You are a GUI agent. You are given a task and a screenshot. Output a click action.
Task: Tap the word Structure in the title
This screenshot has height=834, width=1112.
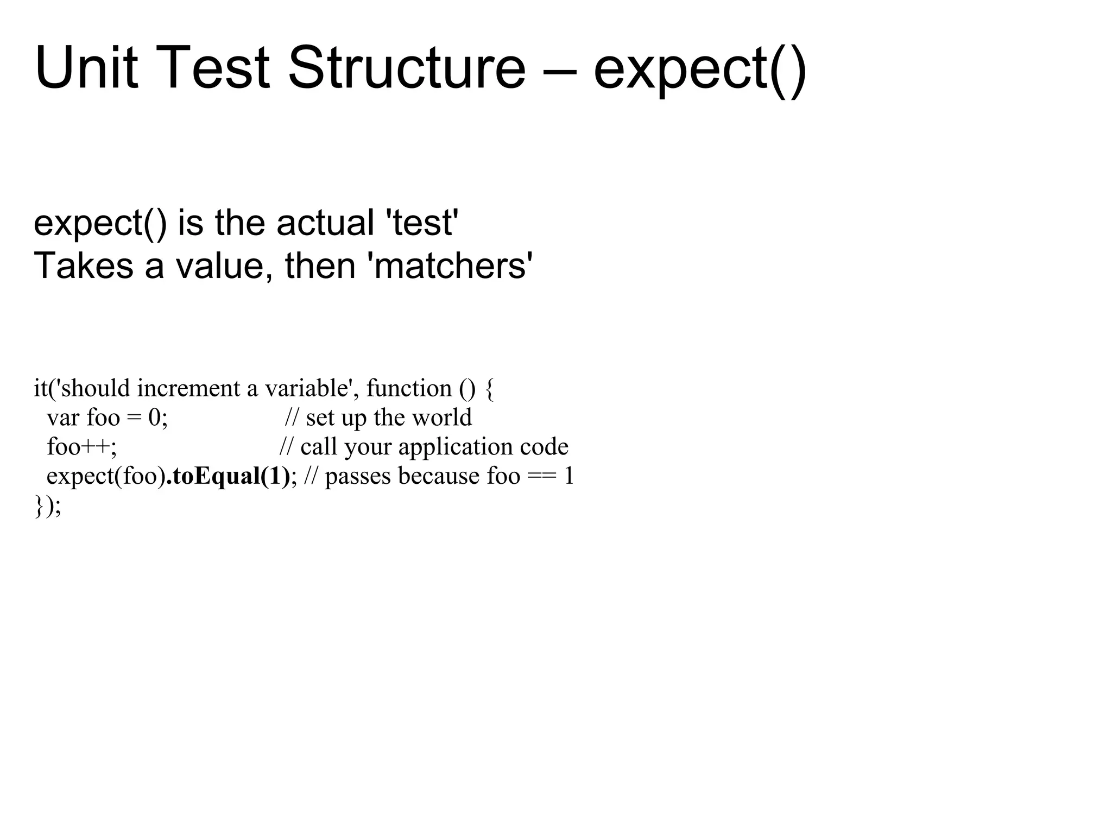[x=406, y=69]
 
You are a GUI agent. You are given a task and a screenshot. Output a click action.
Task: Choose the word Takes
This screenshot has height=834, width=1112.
[x=83, y=266]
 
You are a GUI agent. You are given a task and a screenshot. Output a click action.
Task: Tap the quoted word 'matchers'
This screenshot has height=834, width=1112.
[x=450, y=266]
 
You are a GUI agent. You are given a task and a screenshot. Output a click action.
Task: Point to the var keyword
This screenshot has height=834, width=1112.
[x=63, y=418]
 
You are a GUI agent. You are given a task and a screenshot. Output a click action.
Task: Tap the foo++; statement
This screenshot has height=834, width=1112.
[x=81, y=447]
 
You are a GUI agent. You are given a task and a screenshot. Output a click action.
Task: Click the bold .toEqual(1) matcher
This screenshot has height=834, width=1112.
[x=228, y=476]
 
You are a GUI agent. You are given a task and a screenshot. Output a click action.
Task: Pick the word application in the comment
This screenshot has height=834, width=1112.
[x=456, y=447]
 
